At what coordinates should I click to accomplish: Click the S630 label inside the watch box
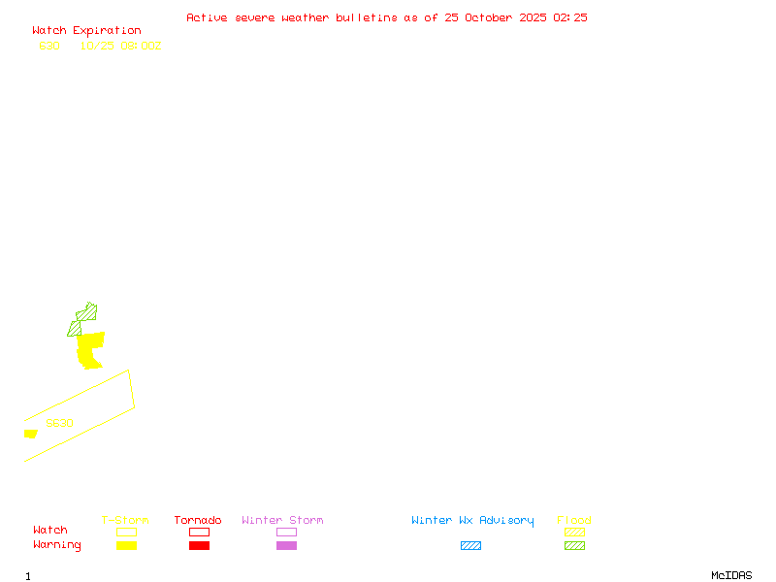tap(59, 423)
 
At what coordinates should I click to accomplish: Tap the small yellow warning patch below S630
tap(30, 434)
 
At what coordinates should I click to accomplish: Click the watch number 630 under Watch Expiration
tap(48, 46)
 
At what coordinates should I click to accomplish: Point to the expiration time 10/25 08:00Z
tap(120, 46)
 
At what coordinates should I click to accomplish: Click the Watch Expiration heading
tap(86, 30)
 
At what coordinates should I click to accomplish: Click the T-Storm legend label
tap(125, 520)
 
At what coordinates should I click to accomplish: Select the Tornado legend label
tap(198, 520)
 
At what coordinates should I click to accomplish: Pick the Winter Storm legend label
tap(282, 520)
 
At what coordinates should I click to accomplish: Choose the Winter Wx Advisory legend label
tap(472, 520)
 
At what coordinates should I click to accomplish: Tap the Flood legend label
tap(574, 520)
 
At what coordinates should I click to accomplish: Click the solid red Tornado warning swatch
tap(199, 545)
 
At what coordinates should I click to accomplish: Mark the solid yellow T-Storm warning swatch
tap(126, 545)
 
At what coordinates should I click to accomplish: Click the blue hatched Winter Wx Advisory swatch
tap(470, 545)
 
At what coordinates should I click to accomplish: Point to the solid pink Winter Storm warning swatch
tap(286, 545)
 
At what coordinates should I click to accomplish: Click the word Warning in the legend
tap(57, 545)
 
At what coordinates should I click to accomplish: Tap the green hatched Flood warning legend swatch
tap(574, 545)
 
